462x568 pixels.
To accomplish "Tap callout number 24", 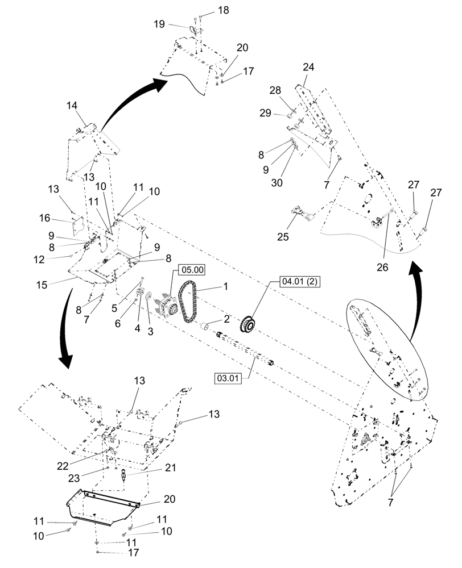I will pos(308,67).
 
